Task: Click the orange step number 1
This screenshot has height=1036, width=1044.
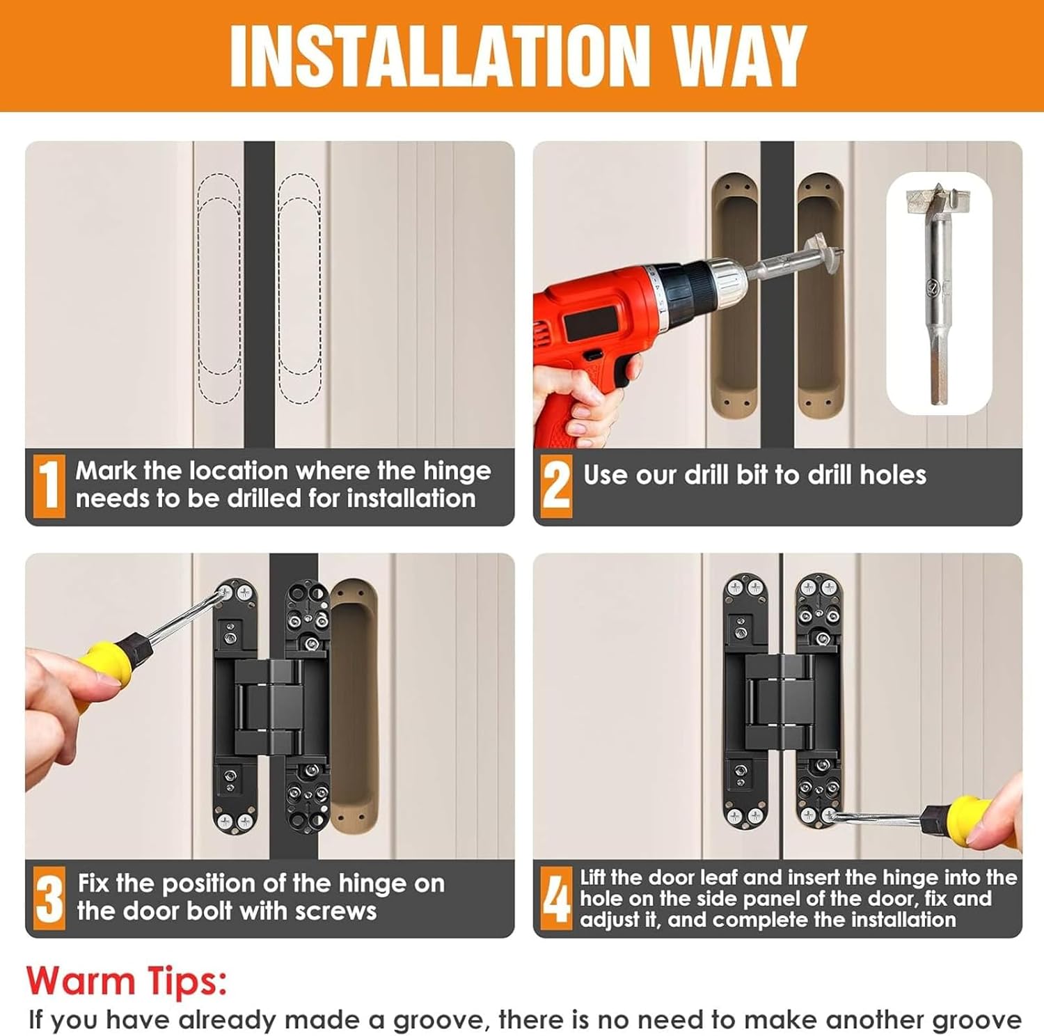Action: pyautogui.click(x=49, y=485)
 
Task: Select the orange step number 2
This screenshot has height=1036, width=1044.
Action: pyautogui.click(x=556, y=485)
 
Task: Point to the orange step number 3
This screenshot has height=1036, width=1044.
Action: pyautogui.click(x=49, y=898)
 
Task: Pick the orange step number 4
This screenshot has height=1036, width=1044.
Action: pyautogui.click(x=556, y=898)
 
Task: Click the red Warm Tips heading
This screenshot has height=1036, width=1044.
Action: pyautogui.click(x=127, y=981)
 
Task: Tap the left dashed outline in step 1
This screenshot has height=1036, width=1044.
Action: pyautogui.click(x=219, y=288)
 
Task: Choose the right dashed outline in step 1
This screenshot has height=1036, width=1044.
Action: pyautogui.click(x=299, y=288)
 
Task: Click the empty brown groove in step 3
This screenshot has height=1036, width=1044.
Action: pyautogui.click(x=354, y=707)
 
